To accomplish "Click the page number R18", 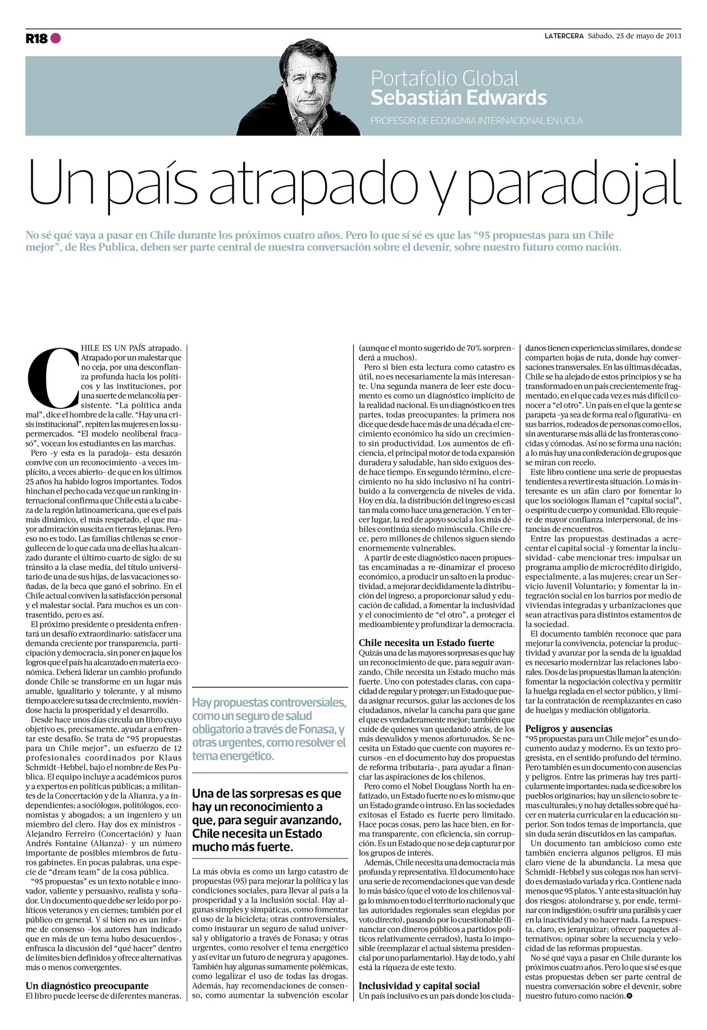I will click(x=36, y=39).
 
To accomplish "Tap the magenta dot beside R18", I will click(x=56, y=38).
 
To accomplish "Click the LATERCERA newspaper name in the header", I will click(x=563, y=36).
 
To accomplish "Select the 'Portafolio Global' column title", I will click(x=444, y=78).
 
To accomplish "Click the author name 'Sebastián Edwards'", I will click(x=458, y=98).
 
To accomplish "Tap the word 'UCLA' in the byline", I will click(x=570, y=121).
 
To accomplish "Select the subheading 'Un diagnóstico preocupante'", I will click(x=87, y=986).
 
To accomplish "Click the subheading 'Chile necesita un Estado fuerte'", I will click(x=426, y=642).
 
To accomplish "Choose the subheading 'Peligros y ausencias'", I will click(x=569, y=729).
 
